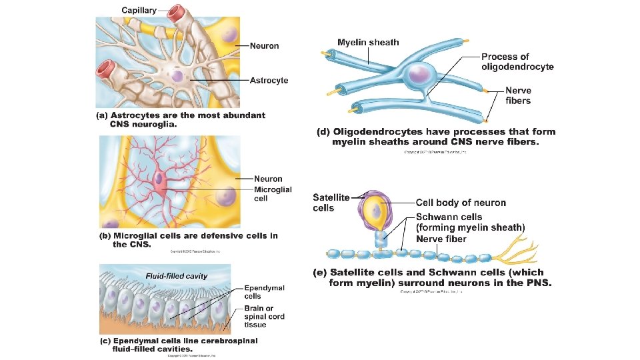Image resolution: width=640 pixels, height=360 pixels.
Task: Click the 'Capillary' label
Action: pos(139,10)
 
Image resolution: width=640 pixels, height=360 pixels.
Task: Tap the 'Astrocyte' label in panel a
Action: pos(269,81)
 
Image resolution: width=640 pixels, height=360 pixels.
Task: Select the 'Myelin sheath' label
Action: pos(368,43)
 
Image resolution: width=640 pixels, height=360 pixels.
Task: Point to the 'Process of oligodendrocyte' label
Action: pos(517,61)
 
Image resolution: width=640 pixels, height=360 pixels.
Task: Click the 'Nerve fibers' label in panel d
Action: pos(518,95)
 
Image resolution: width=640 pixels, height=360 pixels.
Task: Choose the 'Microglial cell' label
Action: pos(273,193)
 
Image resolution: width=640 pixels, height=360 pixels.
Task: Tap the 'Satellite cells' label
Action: pos(331,202)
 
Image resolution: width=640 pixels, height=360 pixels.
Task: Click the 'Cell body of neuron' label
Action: pos(461,203)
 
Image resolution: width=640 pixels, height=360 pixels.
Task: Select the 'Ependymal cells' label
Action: pos(264,291)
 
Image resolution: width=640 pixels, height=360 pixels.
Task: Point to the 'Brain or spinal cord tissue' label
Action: pos(264,316)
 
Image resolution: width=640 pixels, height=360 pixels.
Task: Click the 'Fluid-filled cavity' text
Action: pos(177,275)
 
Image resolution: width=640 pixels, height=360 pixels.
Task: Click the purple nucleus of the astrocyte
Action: pos(177,77)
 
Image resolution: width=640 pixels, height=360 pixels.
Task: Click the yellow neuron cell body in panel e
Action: pos(377,211)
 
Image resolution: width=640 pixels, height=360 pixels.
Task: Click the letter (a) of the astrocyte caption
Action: pos(101,115)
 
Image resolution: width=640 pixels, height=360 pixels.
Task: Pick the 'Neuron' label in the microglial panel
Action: pos(268,179)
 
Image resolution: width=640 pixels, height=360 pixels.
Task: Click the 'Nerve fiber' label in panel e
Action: pos(441,239)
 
